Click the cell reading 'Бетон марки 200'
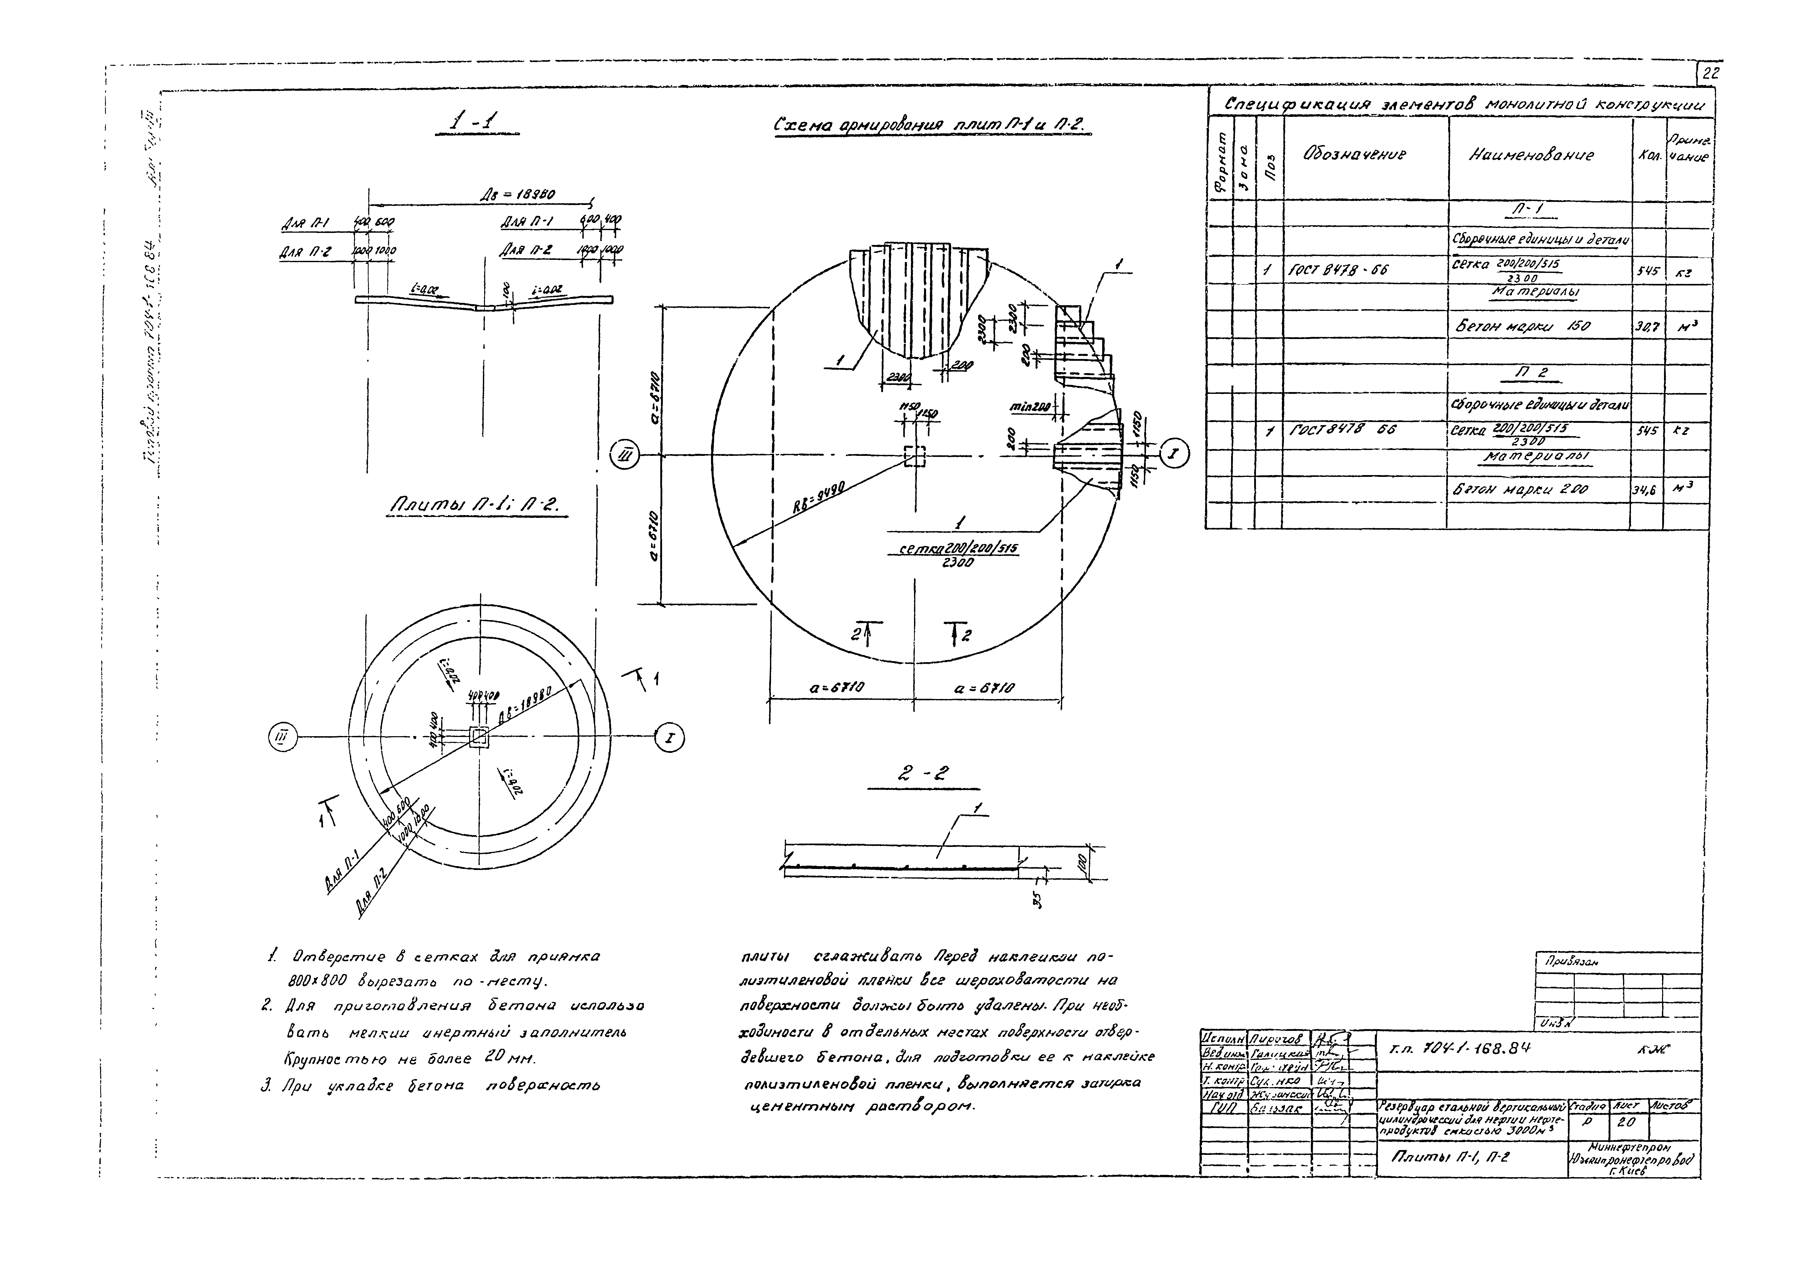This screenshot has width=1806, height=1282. [x=1518, y=489]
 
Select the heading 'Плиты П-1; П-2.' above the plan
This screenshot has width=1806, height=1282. [x=473, y=506]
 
